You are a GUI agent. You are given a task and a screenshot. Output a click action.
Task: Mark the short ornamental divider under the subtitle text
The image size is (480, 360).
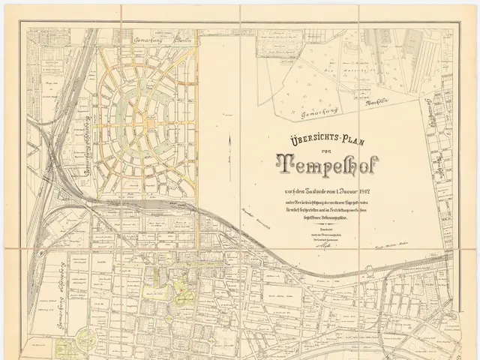tap(331, 223)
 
